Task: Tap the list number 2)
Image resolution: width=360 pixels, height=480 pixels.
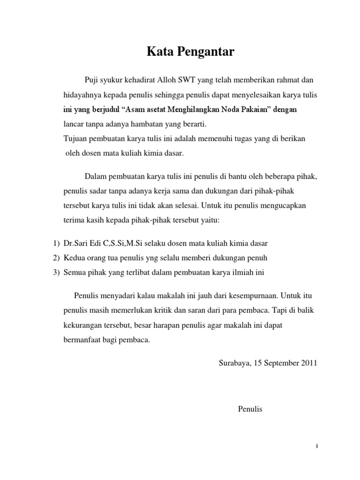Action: point(56,258)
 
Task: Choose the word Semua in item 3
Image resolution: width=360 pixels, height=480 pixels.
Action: point(75,272)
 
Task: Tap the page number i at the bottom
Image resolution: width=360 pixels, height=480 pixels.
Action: point(317,447)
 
